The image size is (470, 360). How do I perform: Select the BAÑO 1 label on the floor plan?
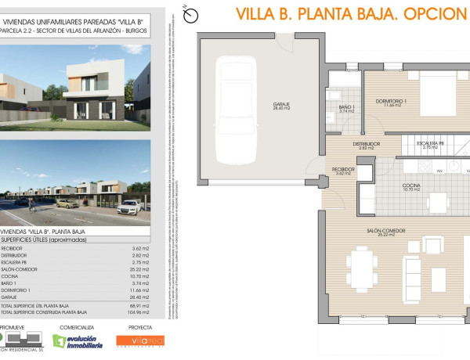(x=348, y=108)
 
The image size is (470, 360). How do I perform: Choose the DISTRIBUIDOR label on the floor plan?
(x=366, y=145)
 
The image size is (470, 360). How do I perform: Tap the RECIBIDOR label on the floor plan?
(x=344, y=171)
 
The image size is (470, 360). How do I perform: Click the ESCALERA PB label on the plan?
(x=430, y=145)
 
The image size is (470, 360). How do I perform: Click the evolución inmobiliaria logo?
(x=78, y=341)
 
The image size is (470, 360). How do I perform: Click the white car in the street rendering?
(x=132, y=207)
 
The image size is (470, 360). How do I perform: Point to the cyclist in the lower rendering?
(x=31, y=203)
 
